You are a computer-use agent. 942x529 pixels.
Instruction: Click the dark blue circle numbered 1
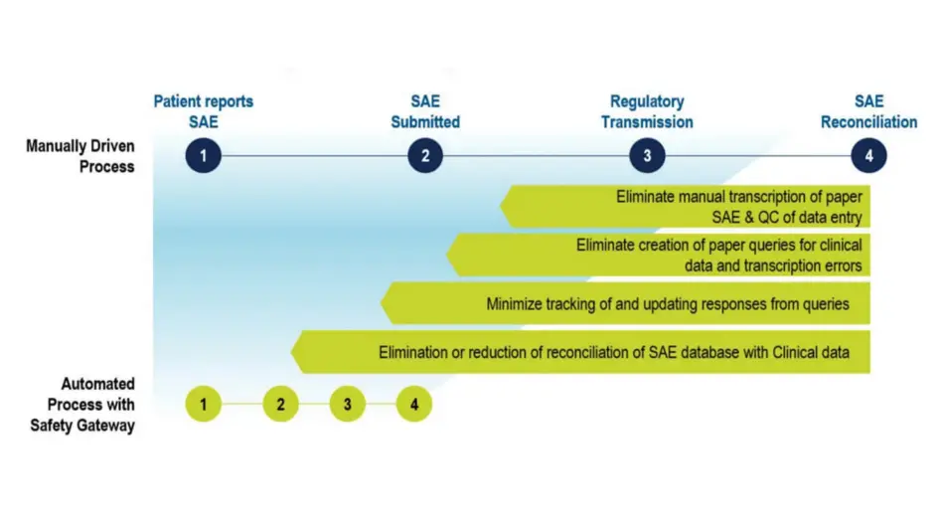[203, 155]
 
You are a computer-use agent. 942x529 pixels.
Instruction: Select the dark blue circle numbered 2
[424, 155]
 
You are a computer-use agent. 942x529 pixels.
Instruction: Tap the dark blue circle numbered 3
[647, 155]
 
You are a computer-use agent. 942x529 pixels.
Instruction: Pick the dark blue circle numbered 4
[868, 155]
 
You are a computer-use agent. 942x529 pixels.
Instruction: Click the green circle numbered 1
[203, 405]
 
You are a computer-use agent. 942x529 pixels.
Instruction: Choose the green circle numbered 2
[281, 405]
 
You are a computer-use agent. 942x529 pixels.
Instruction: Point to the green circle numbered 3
[348, 405]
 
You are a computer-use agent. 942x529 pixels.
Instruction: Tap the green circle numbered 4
[413, 405]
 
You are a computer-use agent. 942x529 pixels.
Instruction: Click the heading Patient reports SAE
[203, 111]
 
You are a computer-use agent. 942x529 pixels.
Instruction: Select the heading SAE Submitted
[424, 111]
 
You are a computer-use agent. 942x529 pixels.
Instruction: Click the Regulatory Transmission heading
[647, 111]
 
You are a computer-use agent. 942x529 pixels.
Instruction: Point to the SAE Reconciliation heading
[868, 111]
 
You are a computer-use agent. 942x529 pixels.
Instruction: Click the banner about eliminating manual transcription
[696, 207]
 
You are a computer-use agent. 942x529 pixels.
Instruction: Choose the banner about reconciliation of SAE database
[596, 352]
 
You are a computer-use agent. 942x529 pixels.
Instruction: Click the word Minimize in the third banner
[514, 303]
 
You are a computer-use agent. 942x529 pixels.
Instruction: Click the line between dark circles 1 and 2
[313, 155]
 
